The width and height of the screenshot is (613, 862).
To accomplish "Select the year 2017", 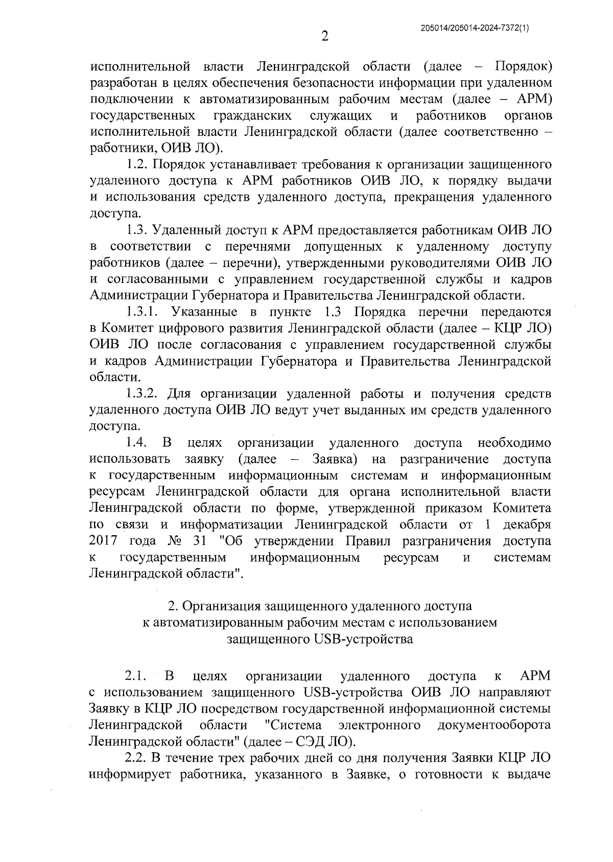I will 104,541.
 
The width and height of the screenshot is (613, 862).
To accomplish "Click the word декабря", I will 527,524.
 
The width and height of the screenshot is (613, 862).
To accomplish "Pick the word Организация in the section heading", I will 221,606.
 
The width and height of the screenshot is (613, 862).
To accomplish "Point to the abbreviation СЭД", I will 310,741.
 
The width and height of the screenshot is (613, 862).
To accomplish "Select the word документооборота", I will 494,725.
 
